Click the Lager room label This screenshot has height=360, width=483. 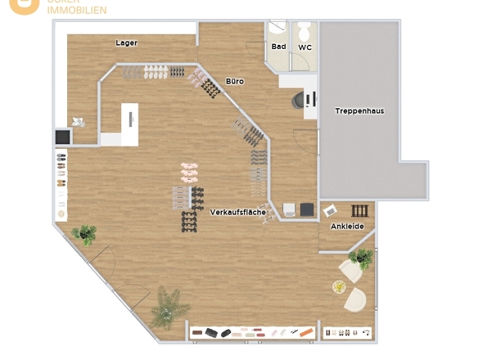pyautogui.click(x=126, y=43)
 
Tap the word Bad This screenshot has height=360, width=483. pyautogui.click(x=278, y=47)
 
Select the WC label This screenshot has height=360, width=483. pyautogui.click(x=305, y=47)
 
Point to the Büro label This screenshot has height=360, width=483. pyautogui.click(x=235, y=82)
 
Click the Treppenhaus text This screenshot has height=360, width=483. pyautogui.click(x=359, y=110)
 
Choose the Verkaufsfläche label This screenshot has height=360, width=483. pyautogui.click(x=237, y=212)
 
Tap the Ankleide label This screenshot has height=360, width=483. pyautogui.click(x=347, y=226)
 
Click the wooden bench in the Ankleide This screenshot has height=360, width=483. pyautogui.click(x=360, y=210)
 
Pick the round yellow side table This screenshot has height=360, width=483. pyautogui.click(x=339, y=286)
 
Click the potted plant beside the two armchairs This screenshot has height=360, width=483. pyautogui.click(x=360, y=259)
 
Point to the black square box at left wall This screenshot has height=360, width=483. pyautogui.click(x=62, y=137)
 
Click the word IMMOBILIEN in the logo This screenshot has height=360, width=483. pyautogui.click(x=76, y=11)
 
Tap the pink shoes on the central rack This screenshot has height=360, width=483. pyautogui.click(x=190, y=171)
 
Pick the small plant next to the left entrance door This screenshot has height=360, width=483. pyautogui.click(x=84, y=235)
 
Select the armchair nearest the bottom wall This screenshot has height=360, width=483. pyautogui.click(x=355, y=300)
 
